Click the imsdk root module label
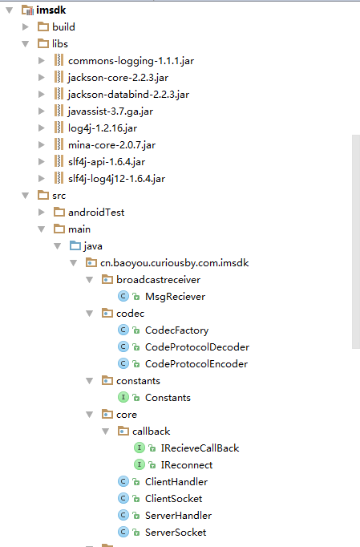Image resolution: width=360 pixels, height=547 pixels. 51,10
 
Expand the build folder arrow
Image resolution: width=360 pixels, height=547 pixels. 25,26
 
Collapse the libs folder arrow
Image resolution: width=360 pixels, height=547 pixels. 25,44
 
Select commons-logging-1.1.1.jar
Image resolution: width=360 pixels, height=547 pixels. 131,61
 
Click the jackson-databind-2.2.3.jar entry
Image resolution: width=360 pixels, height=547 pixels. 128,95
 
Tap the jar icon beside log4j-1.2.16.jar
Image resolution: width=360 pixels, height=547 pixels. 59,128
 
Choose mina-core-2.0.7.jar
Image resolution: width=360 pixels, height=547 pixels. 111,145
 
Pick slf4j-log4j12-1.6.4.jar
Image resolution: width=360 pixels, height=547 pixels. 116,179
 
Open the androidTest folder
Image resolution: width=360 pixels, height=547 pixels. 96,212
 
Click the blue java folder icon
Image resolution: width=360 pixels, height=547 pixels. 75,246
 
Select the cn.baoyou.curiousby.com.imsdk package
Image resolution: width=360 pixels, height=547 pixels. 175,263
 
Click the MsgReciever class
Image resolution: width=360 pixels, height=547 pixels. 175,297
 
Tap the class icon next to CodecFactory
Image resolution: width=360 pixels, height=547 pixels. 123,330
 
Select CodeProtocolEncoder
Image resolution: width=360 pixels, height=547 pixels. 196,364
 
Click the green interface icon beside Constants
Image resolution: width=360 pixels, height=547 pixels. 123,397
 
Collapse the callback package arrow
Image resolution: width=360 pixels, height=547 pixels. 105,432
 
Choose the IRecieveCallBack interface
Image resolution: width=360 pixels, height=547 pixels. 200,448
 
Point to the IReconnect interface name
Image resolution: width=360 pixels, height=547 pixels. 187,465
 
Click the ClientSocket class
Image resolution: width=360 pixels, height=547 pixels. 173,499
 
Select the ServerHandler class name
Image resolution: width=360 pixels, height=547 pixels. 178,515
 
